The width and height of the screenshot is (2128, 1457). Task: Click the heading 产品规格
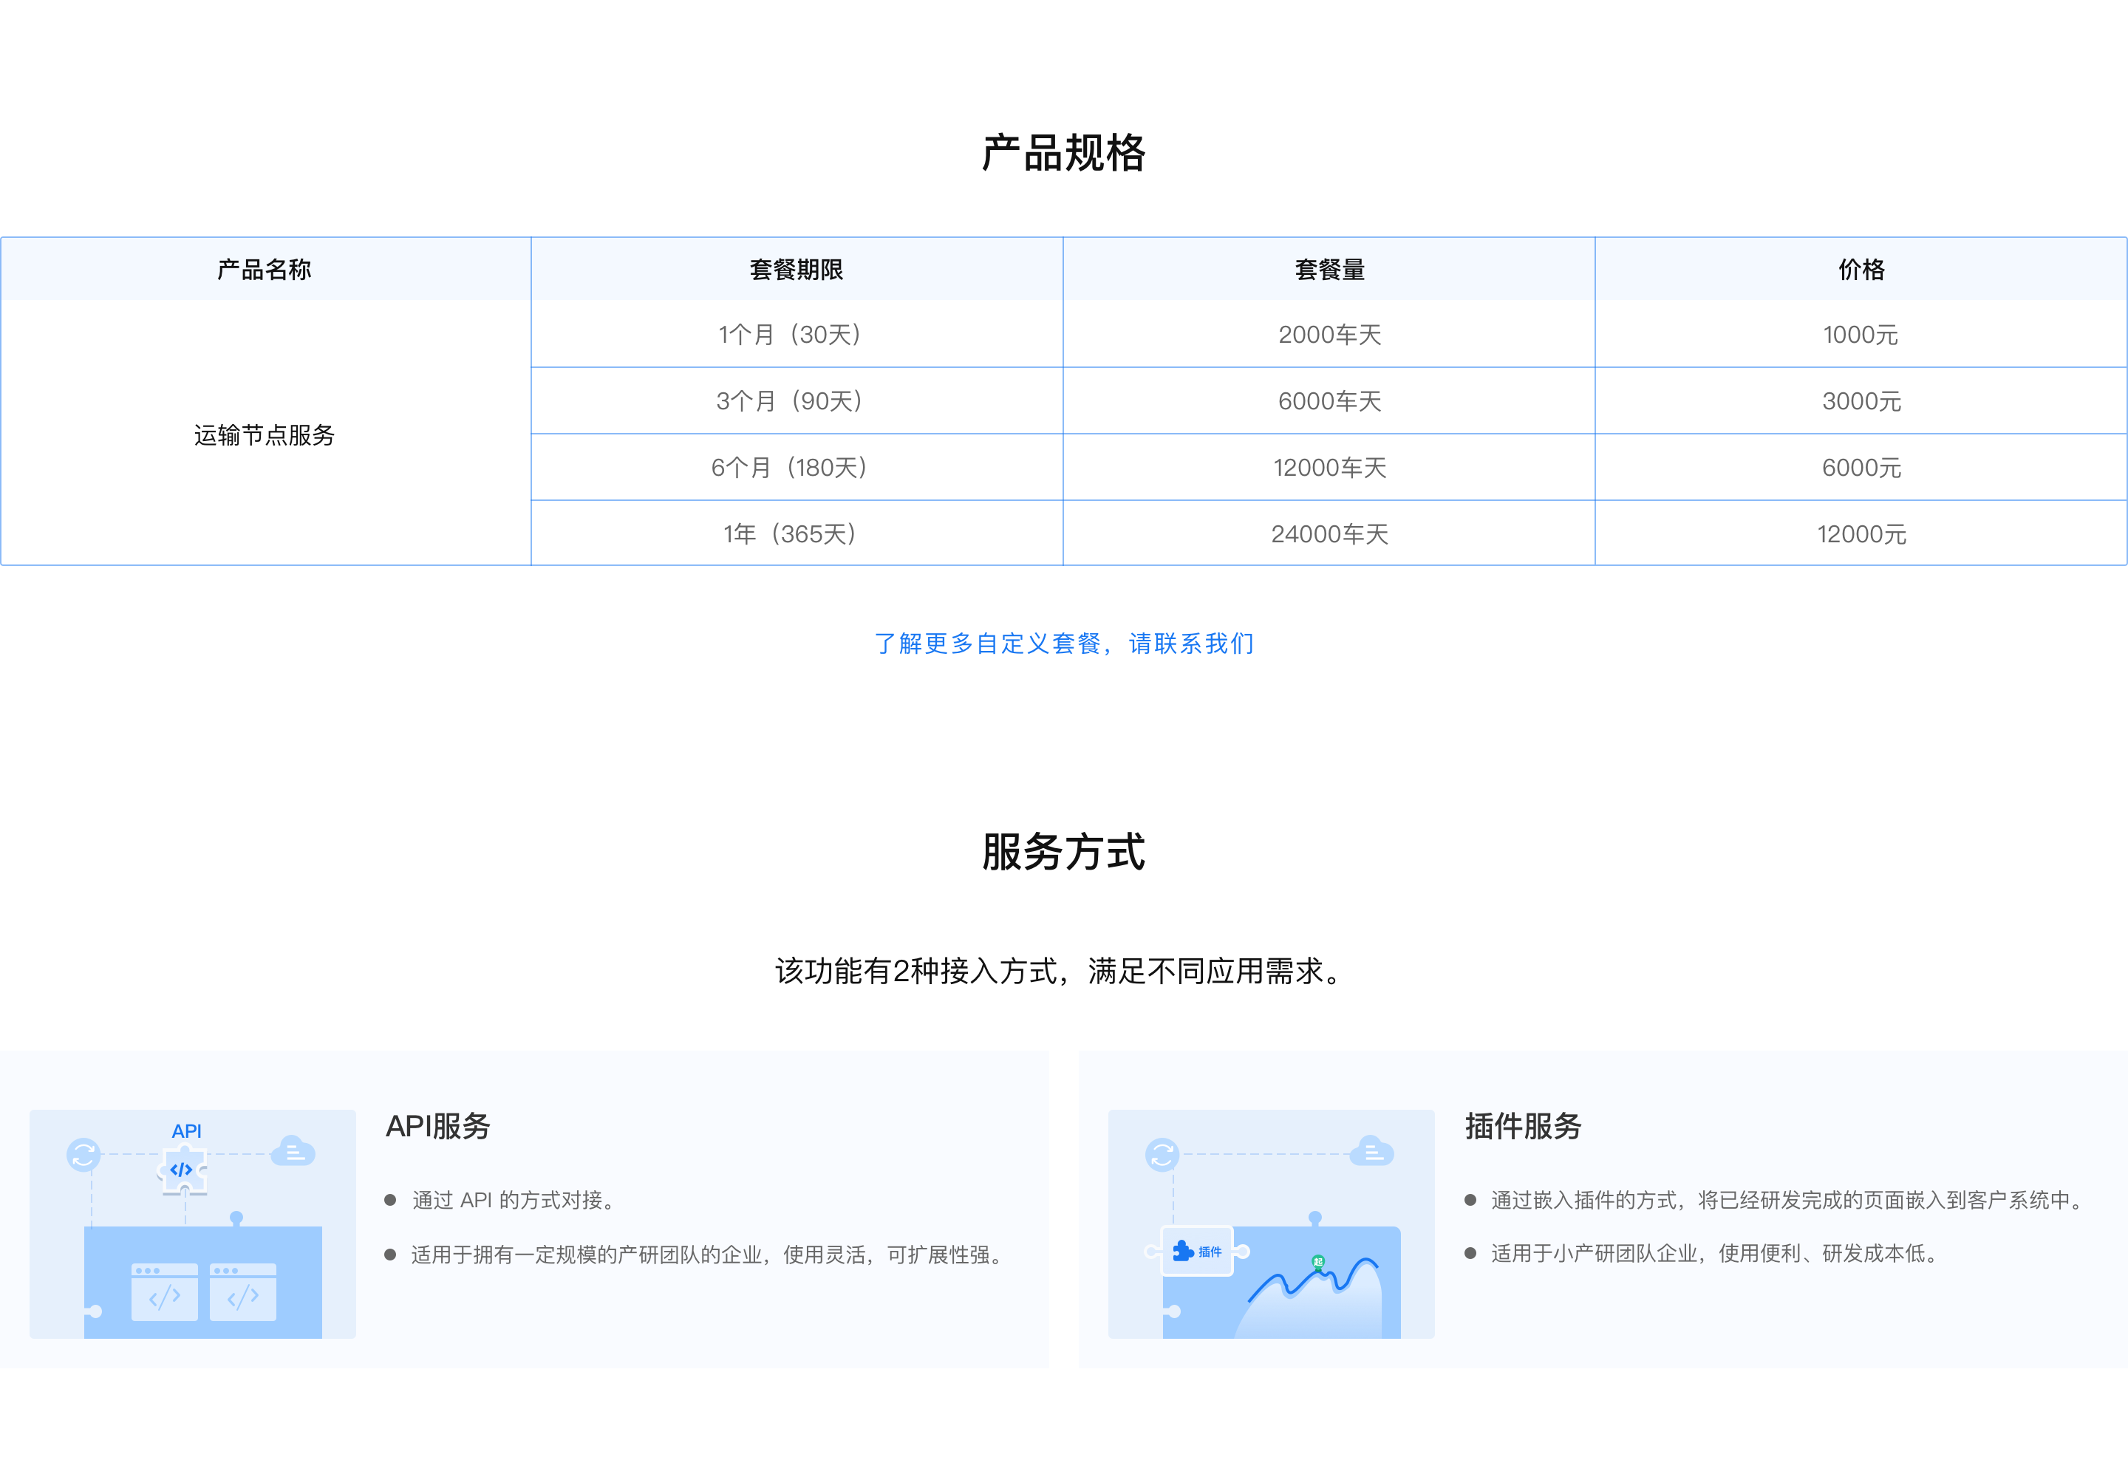click(x=1063, y=153)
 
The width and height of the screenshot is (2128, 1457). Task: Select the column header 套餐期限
click(x=797, y=269)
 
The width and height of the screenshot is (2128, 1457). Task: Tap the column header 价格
click(x=1861, y=269)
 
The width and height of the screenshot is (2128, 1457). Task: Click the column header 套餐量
click(x=1329, y=269)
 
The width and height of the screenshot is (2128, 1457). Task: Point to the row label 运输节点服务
click(x=265, y=435)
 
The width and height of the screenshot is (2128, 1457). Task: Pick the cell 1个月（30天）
click(x=789, y=334)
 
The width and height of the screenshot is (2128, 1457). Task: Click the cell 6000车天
click(x=1329, y=401)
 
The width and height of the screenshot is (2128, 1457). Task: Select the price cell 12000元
click(x=1861, y=534)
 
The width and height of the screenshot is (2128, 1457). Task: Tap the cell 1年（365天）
click(x=789, y=534)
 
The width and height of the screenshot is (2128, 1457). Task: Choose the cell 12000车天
click(x=1329, y=468)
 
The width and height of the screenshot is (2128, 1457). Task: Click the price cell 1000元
click(x=1861, y=334)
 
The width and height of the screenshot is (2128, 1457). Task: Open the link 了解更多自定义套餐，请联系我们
click(x=1064, y=644)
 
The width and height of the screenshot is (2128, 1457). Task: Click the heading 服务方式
click(x=1063, y=852)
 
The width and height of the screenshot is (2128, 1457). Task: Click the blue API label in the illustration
click(x=187, y=1132)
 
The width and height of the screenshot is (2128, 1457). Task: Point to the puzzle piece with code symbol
click(x=183, y=1170)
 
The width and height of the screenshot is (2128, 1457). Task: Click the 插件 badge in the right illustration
click(x=1197, y=1251)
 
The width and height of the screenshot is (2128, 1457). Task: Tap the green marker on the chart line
click(x=1317, y=1262)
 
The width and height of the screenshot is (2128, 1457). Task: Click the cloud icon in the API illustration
click(x=293, y=1150)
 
